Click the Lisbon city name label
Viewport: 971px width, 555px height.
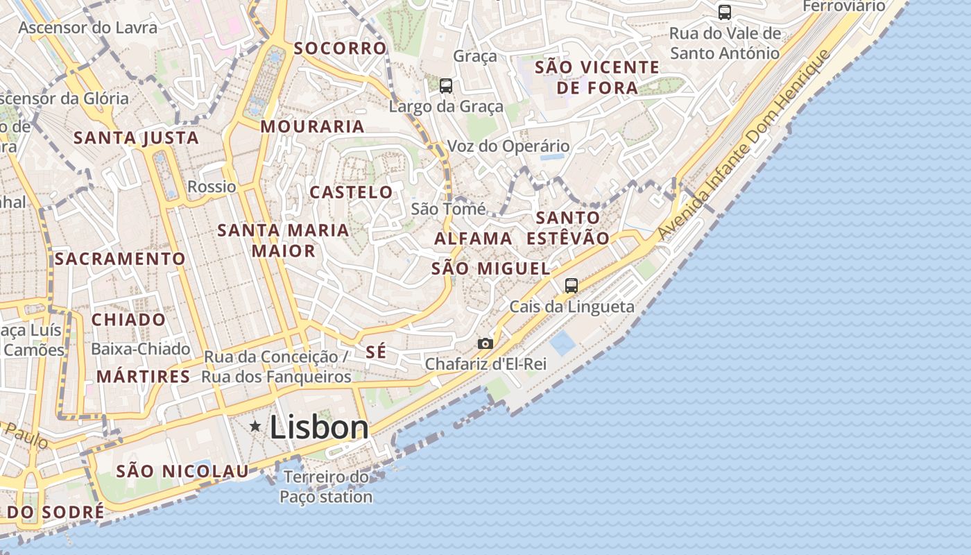coord(319,427)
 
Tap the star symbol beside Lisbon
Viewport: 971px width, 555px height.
coord(255,426)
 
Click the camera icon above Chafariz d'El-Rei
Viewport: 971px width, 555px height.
coord(486,343)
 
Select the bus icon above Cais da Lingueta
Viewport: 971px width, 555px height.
coord(572,285)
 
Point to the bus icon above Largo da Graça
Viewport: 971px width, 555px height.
coord(446,86)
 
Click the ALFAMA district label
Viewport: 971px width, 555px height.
coord(474,239)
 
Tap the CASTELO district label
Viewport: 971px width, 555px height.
coord(351,192)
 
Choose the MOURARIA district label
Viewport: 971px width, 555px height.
coord(313,126)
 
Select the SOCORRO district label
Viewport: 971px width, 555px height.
coord(340,49)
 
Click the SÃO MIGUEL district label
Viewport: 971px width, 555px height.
coord(490,268)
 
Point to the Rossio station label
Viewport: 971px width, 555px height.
coord(212,187)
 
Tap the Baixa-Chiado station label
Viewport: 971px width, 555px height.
coord(141,348)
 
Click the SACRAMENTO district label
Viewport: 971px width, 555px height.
coord(120,259)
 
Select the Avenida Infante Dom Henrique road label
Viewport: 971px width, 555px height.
coord(744,144)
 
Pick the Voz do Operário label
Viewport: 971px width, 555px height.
coord(508,146)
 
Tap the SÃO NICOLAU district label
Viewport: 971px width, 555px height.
coord(182,472)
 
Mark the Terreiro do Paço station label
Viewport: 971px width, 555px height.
coord(326,487)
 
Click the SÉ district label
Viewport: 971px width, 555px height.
coord(375,352)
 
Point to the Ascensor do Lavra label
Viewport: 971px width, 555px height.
coord(88,28)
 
